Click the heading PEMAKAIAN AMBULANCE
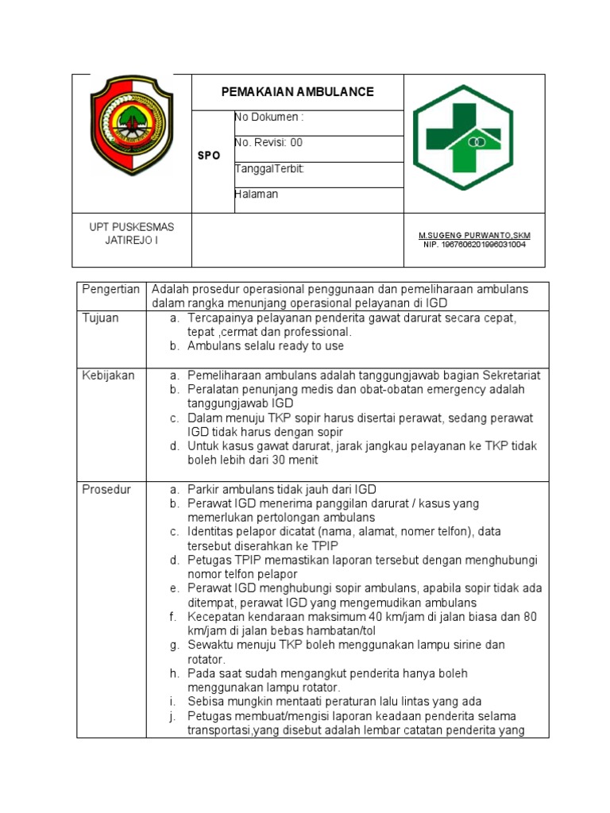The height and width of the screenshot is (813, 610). pyautogui.click(x=297, y=92)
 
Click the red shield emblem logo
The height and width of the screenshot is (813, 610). pyautogui.click(x=132, y=125)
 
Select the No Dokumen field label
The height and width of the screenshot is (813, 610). pyautogui.click(x=268, y=118)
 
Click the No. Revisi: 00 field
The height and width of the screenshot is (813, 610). pyautogui.click(x=268, y=143)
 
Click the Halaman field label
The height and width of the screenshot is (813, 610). pyautogui.click(x=257, y=195)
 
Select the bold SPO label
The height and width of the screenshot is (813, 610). pyautogui.click(x=209, y=156)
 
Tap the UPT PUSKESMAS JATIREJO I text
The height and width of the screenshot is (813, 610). pyautogui.click(x=132, y=233)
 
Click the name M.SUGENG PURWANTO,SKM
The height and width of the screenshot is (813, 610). pyautogui.click(x=474, y=236)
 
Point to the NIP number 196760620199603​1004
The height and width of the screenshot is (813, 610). pyautogui.click(x=474, y=245)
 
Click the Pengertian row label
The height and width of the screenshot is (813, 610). pyautogui.click(x=111, y=289)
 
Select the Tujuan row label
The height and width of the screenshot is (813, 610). pyautogui.click(x=101, y=318)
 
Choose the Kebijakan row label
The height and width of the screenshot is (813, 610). pyautogui.click(x=109, y=376)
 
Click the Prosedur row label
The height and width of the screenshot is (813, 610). pyautogui.click(x=106, y=490)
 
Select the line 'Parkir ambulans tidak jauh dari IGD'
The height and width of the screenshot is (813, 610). pyautogui.click(x=281, y=490)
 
